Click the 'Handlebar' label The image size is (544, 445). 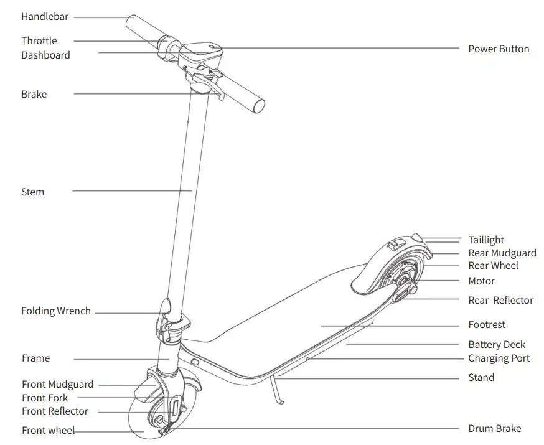[45, 17]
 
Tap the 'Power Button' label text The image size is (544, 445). [499, 49]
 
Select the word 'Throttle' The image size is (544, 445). [39, 41]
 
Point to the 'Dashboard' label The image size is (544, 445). [45, 55]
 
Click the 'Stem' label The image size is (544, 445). [32, 192]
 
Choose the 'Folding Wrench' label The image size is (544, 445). [56, 311]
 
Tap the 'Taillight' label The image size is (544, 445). [486, 240]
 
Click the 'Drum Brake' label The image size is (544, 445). [494, 429]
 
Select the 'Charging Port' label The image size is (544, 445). [499, 358]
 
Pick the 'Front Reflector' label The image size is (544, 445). [55, 411]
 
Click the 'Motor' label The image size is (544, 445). [482, 281]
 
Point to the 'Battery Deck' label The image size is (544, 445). [497, 345]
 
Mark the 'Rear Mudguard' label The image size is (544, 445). [502, 253]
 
